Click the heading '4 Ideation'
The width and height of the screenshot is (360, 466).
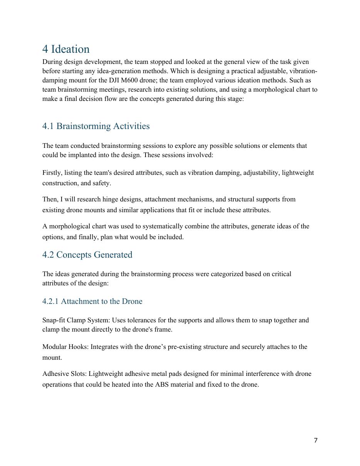[66, 49]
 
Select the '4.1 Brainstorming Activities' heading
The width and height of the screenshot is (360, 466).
[96, 126]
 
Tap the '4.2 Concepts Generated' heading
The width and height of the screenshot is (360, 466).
[87, 255]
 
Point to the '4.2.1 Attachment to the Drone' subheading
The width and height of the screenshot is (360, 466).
[92, 302]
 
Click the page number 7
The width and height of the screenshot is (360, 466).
[316, 441]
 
